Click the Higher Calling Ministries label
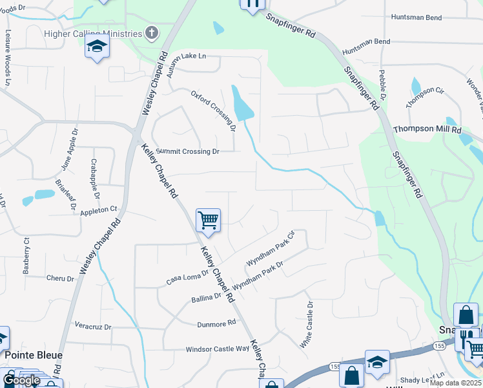click(x=92, y=34)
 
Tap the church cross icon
click(x=152, y=33)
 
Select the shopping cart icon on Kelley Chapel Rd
click(x=208, y=221)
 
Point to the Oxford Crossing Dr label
click(x=213, y=111)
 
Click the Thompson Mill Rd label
click(x=427, y=129)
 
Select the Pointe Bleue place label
click(x=34, y=355)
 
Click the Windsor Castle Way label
click(x=217, y=349)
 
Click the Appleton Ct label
click(x=99, y=210)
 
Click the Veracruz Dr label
click(x=93, y=325)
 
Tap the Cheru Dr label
click(x=61, y=278)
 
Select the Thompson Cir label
click(x=425, y=98)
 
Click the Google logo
click(x=21, y=380)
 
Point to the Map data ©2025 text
click(x=456, y=383)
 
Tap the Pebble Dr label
click(x=382, y=85)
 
